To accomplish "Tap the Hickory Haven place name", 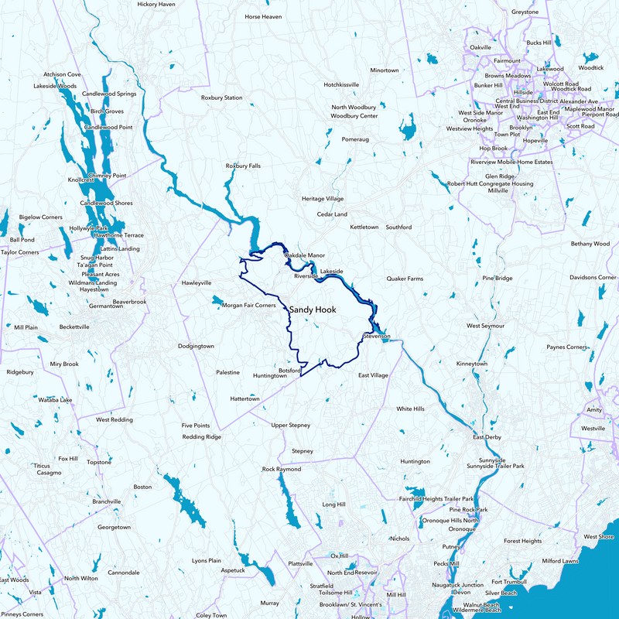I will coord(156,4).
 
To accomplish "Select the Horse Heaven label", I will coord(263,16).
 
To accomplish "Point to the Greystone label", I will coord(525,12).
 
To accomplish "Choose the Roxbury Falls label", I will coord(243,166).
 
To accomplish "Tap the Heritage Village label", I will coord(323,199).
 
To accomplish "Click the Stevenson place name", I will coord(377,337).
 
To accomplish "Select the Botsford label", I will coord(289,371).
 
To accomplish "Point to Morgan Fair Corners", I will coord(249,306).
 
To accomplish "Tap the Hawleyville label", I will coord(197,283).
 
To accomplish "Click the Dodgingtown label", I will coord(196,346).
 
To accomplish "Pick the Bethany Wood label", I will coord(590,244).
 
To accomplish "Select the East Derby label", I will coord(488,437).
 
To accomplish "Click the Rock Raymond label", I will coord(282,469).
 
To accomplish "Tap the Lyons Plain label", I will coord(207,560).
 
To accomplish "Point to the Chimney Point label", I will coord(108,176).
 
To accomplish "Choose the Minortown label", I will coord(385,70).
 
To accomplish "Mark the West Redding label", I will coord(114,419).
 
